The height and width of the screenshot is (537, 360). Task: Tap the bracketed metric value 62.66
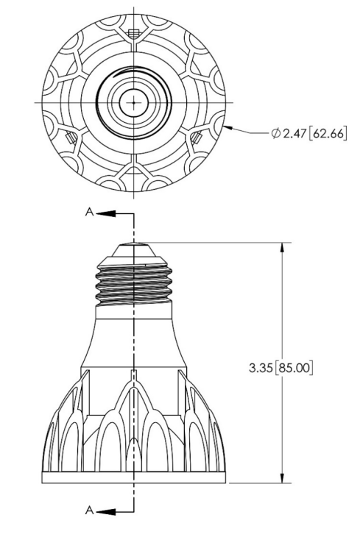tap(328, 133)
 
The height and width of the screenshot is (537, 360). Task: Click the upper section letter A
tap(89, 212)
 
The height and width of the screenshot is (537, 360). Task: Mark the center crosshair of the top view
tap(133, 102)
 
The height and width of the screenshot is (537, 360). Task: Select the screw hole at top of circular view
tap(133, 33)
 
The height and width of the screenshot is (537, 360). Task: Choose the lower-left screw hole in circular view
tap(71, 137)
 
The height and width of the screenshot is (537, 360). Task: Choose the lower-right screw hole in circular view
tap(196, 137)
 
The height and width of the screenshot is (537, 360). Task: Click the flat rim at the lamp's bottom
tap(133, 477)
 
